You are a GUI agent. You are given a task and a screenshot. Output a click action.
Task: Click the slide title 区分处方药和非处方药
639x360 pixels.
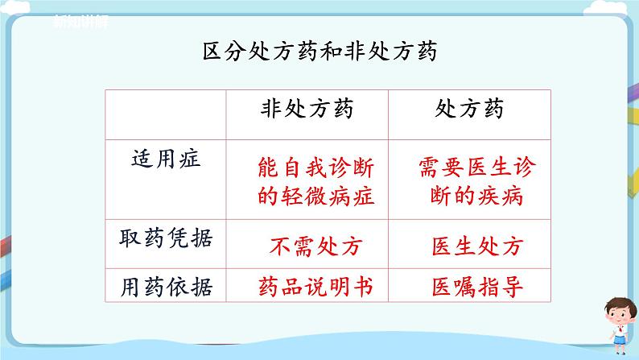coord(319,52)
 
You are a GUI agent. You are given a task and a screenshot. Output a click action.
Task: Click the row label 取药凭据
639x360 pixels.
coord(167,238)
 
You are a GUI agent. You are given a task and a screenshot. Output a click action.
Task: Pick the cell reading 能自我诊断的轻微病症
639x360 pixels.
coord(308,180)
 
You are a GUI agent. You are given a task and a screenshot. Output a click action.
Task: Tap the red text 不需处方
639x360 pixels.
coord(308,245)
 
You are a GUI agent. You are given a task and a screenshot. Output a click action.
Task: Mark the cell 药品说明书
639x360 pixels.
coord(308,285)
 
